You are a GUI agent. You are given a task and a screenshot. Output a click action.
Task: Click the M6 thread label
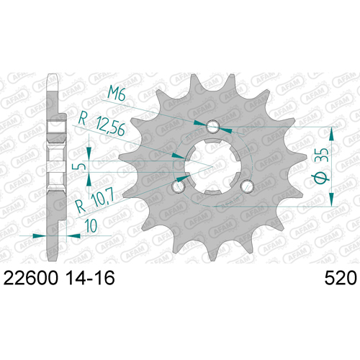click(x=117, y=93)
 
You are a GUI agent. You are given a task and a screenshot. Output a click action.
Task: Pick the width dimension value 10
click(x=91, y=225)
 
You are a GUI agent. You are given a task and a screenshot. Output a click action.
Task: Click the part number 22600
click(x=31, y=278)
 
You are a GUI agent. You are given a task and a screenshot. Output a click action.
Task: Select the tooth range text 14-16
click(x=90, y=278)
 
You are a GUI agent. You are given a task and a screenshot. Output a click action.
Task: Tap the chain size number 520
click(x=341, y=278)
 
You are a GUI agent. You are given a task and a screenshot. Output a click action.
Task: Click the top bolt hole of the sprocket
click(x=212, y=126)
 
